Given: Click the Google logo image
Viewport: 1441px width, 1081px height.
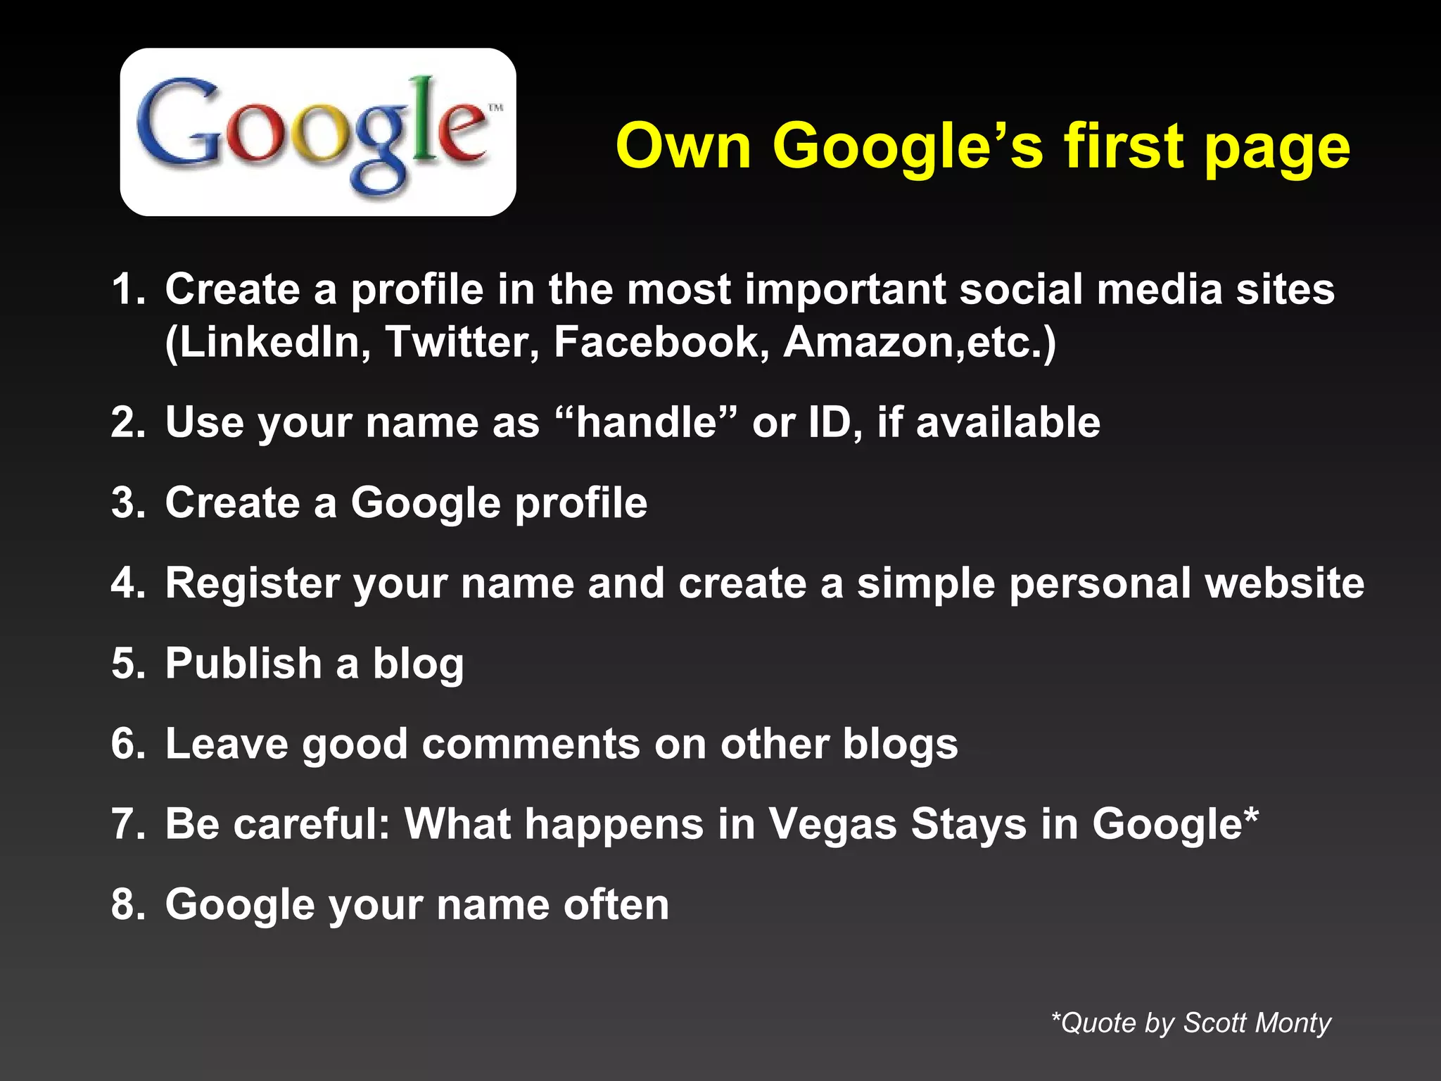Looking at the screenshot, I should tap(318, 132).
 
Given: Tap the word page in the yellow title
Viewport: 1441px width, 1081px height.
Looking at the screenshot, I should tap(1277, 149).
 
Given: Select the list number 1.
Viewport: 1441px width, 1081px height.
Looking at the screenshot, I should tap(127, 289).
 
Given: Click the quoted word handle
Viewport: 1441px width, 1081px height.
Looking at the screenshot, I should tap(647, 422).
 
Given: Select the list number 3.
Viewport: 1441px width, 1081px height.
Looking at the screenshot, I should tap(127, 502).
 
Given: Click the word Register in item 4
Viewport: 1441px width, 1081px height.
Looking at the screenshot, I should tap(252, 584).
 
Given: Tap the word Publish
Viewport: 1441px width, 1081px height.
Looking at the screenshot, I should tap(243, 664).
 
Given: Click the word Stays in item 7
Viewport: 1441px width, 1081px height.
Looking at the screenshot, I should tap(968, 825).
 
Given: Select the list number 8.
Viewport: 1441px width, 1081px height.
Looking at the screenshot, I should tap(127, 904).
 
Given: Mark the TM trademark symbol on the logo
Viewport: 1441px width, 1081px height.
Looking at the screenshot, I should tap(496, 108).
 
